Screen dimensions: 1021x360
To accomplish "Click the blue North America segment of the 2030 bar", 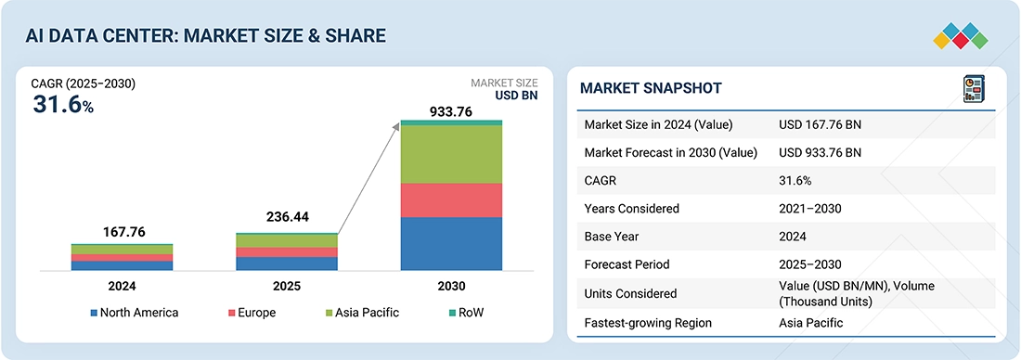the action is click(451, 243).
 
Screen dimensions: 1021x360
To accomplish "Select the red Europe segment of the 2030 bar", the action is click(451, 199).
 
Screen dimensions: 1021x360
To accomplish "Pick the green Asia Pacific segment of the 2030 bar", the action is click(451, 154).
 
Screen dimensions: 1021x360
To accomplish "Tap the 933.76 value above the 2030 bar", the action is click(450, 111).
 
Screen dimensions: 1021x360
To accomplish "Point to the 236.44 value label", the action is click(288, 217).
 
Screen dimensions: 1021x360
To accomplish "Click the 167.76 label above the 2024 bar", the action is click(123, 232).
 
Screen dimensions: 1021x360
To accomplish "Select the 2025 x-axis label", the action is click(287, 286).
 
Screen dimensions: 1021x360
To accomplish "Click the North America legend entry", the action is click(135, 313).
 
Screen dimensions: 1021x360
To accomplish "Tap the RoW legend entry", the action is click(466, 313).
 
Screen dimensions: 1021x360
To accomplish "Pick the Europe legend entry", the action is click(252, 313).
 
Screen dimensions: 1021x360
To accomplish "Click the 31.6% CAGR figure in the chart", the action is click(64, 106).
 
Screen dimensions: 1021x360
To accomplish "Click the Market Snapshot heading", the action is click(651, 88).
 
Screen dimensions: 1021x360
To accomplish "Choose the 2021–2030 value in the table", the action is click(810, 209).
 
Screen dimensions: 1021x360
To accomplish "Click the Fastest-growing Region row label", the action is click(648, 323).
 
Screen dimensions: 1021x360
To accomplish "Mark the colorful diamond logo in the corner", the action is click(961, 36).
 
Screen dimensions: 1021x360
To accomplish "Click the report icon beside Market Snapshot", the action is click(974, 89).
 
